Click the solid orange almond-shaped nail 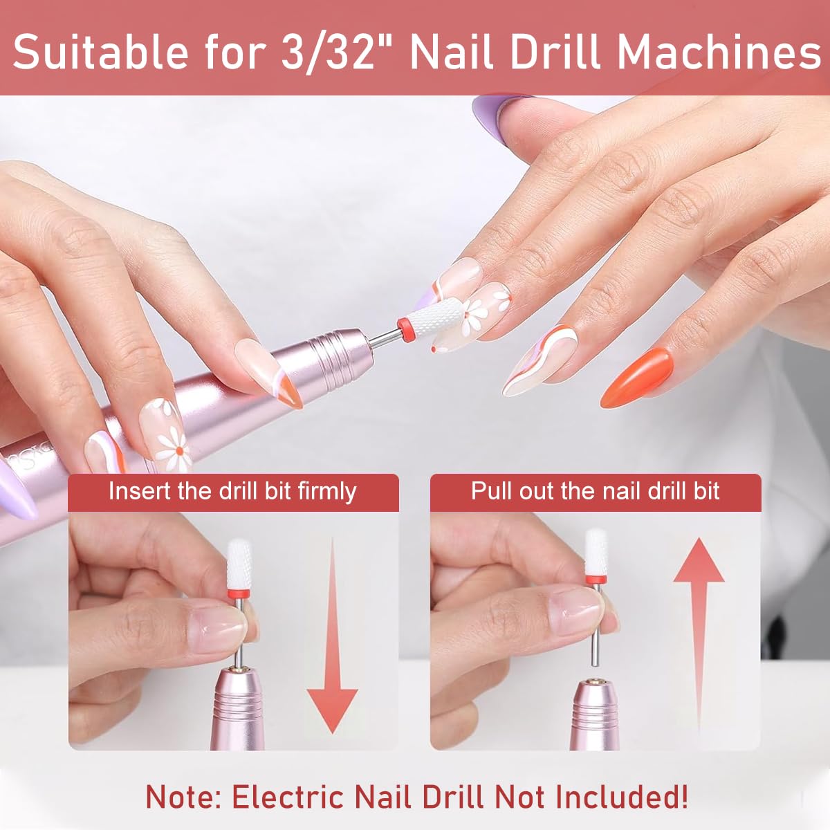coord(634,377)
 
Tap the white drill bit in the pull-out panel coord(595,553)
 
